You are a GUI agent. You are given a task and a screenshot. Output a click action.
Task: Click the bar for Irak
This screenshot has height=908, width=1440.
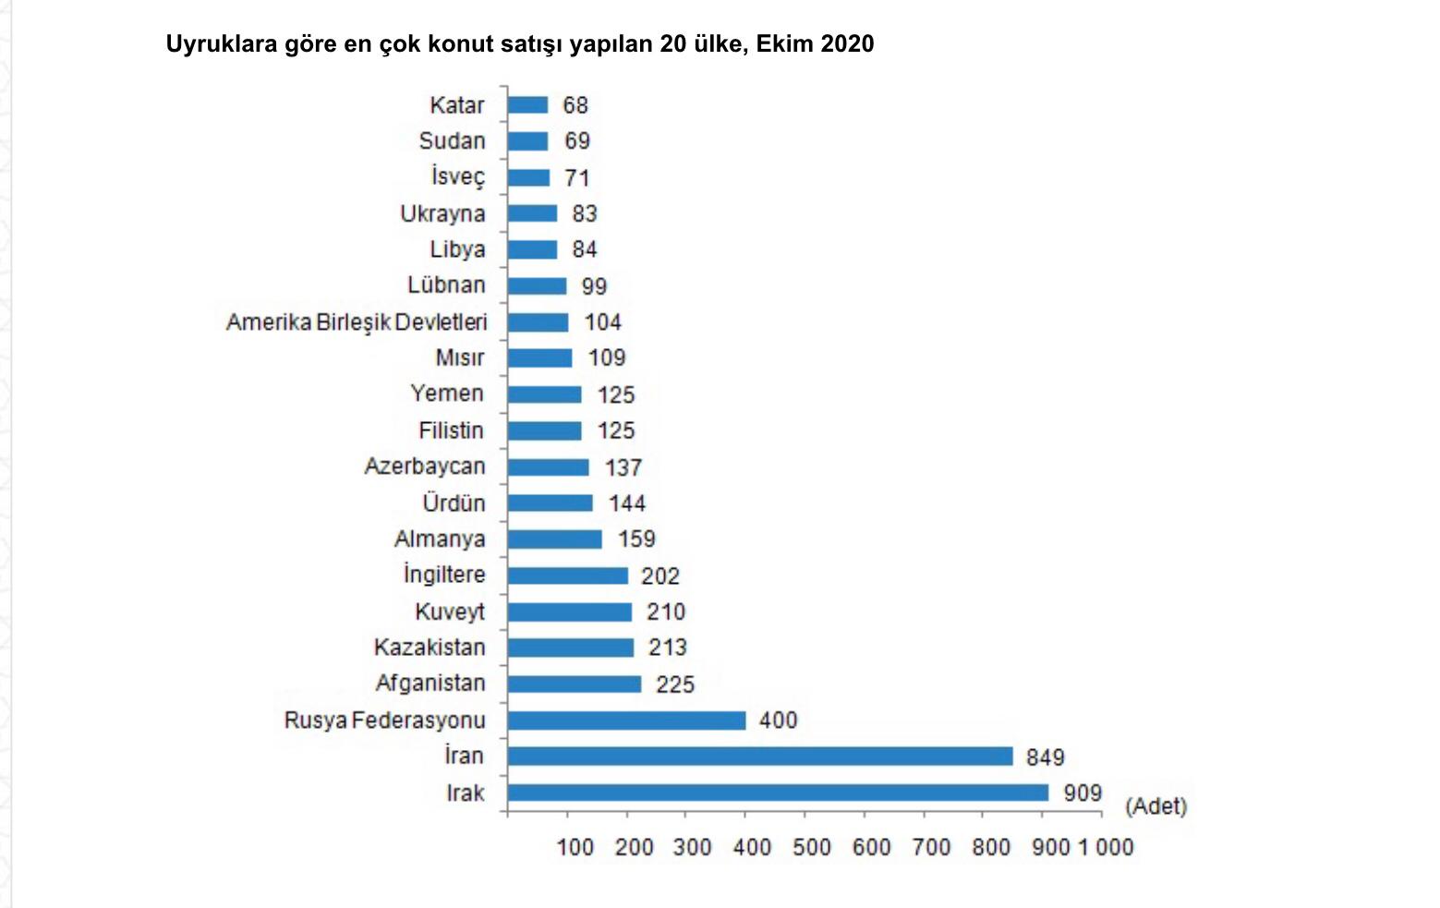tap(778, 793)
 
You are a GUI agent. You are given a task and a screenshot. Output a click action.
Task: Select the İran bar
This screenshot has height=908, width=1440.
tap(760, 757)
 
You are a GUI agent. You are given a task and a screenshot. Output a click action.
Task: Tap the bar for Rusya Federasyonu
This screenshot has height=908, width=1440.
tap(626, 720)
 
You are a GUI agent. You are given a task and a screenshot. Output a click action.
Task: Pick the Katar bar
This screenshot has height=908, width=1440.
tap(527, 105)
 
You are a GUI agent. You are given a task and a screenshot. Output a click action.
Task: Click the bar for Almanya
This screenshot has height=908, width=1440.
tap(554, 539)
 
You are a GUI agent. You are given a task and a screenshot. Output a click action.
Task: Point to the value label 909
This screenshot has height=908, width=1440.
tap(1083, 793)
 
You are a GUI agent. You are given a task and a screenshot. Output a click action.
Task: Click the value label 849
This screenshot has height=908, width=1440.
tap(1045, 757)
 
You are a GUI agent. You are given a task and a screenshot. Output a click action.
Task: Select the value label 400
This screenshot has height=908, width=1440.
tap(778, 720)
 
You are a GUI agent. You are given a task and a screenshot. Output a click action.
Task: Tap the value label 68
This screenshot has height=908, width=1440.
tap(575, 105)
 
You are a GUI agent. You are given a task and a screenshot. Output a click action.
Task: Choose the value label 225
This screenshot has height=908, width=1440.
tap(674, 684)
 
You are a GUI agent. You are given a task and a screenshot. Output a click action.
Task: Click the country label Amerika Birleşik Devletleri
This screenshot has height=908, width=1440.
tap(357, 322)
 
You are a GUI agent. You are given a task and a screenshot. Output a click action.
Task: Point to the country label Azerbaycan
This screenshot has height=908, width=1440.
tap(424, 466)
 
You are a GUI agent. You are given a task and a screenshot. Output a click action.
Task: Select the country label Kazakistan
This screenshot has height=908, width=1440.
tap(429, 648)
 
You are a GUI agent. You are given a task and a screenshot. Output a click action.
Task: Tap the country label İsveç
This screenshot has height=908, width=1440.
tap(457, 176)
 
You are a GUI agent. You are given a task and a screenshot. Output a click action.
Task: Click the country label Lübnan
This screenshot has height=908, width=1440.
tap(446, 285)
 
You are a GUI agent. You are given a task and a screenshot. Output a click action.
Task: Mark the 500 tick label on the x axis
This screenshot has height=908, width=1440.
tap(811, 847)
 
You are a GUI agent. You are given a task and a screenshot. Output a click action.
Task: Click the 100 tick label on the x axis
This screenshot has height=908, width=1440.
tap(575, 847)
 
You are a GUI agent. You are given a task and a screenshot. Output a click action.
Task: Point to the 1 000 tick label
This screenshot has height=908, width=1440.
tap(1105, 847)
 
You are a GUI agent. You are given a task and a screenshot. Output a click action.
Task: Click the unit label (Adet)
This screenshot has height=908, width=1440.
tap(1156, 806)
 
